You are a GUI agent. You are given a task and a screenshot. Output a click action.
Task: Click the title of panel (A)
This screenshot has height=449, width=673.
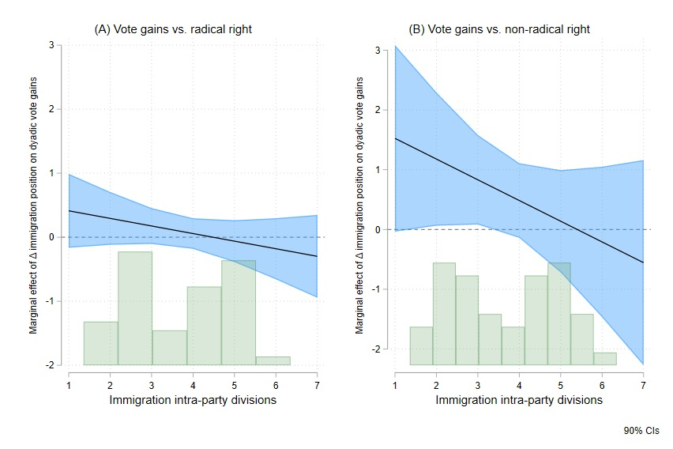point(178,29)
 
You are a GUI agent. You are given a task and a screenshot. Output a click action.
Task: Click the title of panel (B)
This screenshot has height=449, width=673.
point(498,29)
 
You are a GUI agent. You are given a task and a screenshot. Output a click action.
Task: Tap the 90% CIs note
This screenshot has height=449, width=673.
point(641,431)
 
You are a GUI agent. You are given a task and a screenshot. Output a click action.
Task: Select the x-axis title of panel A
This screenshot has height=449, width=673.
point(192,400)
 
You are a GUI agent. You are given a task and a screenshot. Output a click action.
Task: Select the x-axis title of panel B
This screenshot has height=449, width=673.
point(519,400)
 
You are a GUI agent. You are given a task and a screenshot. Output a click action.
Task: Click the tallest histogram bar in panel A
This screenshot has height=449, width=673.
point(135,308)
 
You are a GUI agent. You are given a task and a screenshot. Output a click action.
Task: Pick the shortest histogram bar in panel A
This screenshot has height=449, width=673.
point(273,360)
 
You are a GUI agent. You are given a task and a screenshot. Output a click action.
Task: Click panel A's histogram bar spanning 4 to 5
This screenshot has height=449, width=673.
point(204,326)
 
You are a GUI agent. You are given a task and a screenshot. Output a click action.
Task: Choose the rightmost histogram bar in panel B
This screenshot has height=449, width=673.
point(604,359)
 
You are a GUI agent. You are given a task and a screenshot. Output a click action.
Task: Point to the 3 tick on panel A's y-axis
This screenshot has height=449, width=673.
point(51,45)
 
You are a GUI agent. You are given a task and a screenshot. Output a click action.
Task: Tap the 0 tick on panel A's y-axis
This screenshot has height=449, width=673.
point(51,237)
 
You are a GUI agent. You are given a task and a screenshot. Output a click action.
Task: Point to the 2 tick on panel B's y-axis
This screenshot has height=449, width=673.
point(378,110)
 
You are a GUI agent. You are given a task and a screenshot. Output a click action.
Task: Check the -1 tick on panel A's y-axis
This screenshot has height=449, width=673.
point(50,301)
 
